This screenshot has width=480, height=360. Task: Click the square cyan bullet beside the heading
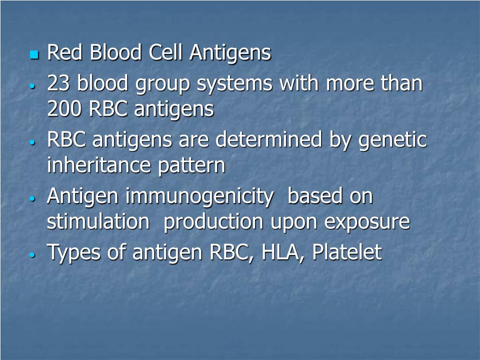[x=33, y=55]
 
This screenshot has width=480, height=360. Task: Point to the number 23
[x=60, y=84]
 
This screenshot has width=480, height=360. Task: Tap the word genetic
[x=393, y=141]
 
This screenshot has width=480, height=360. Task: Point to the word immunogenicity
[x=199, y=197]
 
